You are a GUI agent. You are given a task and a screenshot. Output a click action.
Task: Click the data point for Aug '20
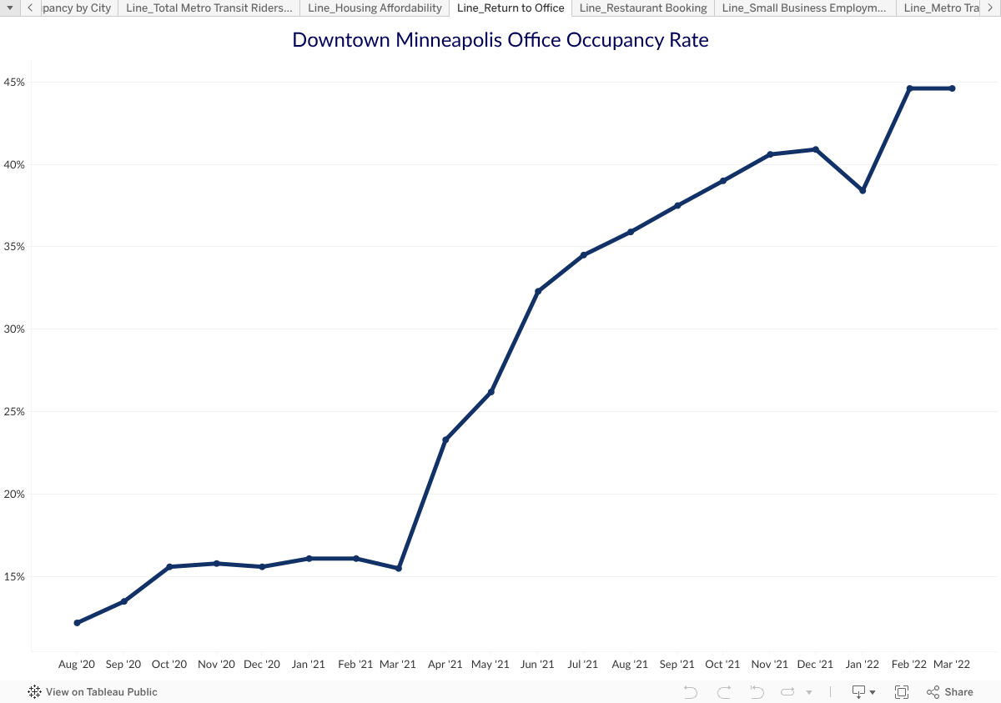coord(77,623)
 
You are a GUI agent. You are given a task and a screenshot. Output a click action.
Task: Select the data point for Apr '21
coord(445,439)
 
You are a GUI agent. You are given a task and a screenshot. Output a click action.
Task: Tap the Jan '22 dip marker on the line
coord(863,191)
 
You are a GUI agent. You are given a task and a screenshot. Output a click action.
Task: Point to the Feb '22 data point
coord(909,88)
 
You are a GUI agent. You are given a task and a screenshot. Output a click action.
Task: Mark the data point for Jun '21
coord(538,291)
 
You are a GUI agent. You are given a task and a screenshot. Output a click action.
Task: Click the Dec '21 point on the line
coord(815,149)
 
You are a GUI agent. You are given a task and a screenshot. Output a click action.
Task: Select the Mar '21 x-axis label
coord(398,665)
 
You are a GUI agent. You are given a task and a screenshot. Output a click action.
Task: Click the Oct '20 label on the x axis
coord(169,665)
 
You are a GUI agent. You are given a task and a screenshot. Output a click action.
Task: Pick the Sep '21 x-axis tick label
coord(677,665)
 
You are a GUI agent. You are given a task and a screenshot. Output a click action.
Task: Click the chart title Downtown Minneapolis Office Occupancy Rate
coord(500,40)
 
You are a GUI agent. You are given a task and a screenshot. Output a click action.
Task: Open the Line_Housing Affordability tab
coord(375,8)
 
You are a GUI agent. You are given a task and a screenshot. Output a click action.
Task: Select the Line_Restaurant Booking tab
coord(643,8)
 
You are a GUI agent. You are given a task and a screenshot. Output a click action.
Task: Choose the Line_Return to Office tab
coord(511,8)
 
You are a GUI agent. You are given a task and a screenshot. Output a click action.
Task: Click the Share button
coord(950,692)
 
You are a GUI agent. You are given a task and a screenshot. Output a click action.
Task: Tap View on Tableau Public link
coord(93,692)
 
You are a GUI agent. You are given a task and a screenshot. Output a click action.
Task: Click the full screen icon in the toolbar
coord(902,692)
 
